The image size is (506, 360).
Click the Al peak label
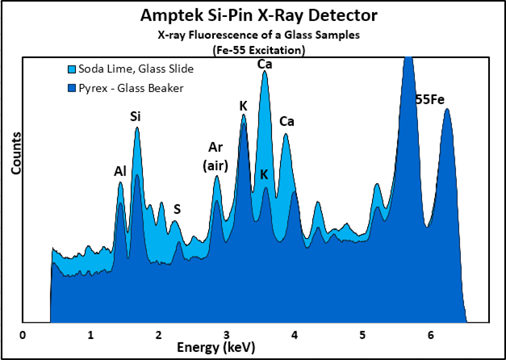click(119, 170)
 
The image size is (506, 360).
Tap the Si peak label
click(136, 116)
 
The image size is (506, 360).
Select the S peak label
click(177, 208)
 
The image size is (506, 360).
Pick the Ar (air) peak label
click(215, 157)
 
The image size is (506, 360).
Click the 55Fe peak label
click(430, 101)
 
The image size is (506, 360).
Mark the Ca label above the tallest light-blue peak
click(264, 63)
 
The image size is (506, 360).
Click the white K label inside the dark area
click(264, 175)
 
